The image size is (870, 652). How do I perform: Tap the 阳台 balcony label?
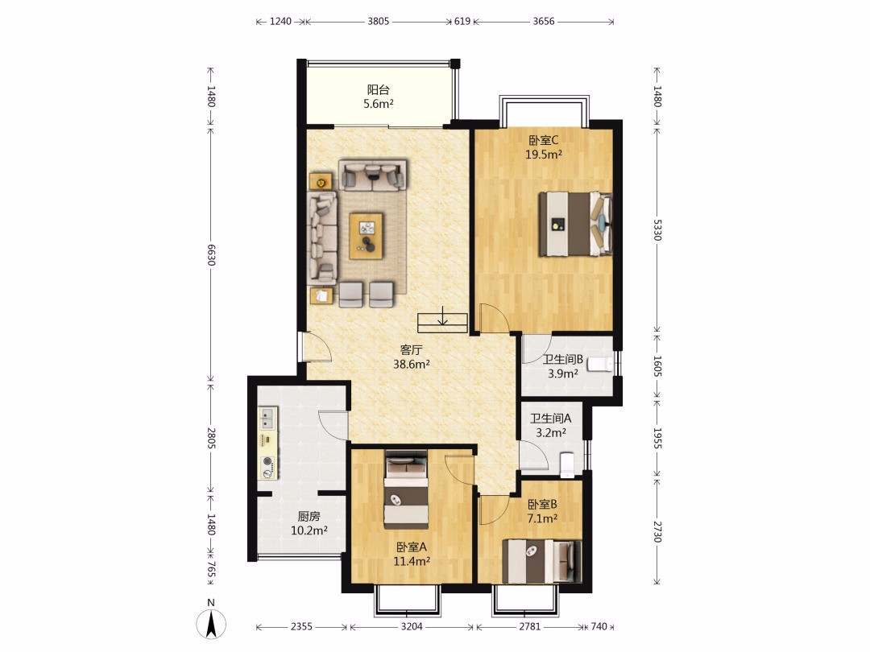[379, 89]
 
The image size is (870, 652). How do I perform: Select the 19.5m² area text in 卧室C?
[544, 155]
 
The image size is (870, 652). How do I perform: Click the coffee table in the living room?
[367, 236]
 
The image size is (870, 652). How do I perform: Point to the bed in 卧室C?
[575, 224]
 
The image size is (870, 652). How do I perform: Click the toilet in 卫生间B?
[600, 365]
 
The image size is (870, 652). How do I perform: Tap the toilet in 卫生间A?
[567, 464]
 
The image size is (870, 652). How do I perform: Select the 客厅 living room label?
[411, 350]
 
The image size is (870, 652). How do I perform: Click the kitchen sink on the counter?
[268, 419]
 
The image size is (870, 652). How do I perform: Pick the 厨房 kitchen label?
[309, 516]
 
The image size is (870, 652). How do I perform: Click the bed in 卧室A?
[406, 489]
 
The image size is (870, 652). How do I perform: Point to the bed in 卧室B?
[542, 561]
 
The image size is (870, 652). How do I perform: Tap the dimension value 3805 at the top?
[379, 21]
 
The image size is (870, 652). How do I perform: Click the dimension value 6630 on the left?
[211, 254]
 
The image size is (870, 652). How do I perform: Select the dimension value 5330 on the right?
[657, 230]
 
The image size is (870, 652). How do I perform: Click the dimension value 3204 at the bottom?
[412, 626]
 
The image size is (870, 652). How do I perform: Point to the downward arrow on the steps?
[442, 316]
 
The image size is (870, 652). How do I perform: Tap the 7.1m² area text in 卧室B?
[542, 519]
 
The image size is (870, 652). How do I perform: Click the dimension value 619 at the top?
[462, 21]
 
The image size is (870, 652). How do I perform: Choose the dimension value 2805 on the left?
[211, 438]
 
